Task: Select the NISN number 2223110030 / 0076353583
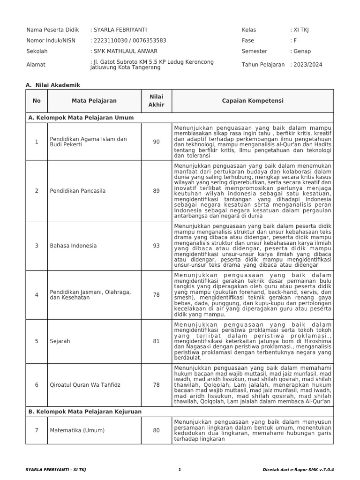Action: click(129, 41)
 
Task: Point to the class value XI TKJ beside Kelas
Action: click(301, 30)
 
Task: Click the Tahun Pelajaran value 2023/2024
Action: click(307, 65)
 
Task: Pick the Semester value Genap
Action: click(302, 52)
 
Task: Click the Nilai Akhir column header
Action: click(156, 100)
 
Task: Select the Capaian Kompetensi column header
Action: click(252, 101)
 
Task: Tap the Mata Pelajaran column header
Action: click(94, 101)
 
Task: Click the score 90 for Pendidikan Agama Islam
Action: click(156, 142)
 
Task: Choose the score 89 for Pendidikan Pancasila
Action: click(156, 191)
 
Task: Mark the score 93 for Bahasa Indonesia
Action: click(156, 246)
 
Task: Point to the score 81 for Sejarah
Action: click(156, 341)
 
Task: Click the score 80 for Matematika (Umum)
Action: click(156, 430)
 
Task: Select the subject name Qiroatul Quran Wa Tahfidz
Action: click(84, 385)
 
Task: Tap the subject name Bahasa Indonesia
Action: click(73, 246)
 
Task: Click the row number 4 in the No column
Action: click(37, 295)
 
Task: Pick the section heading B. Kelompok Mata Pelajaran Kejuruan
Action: click(85, 411)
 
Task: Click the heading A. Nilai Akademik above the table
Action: click(53, 85)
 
